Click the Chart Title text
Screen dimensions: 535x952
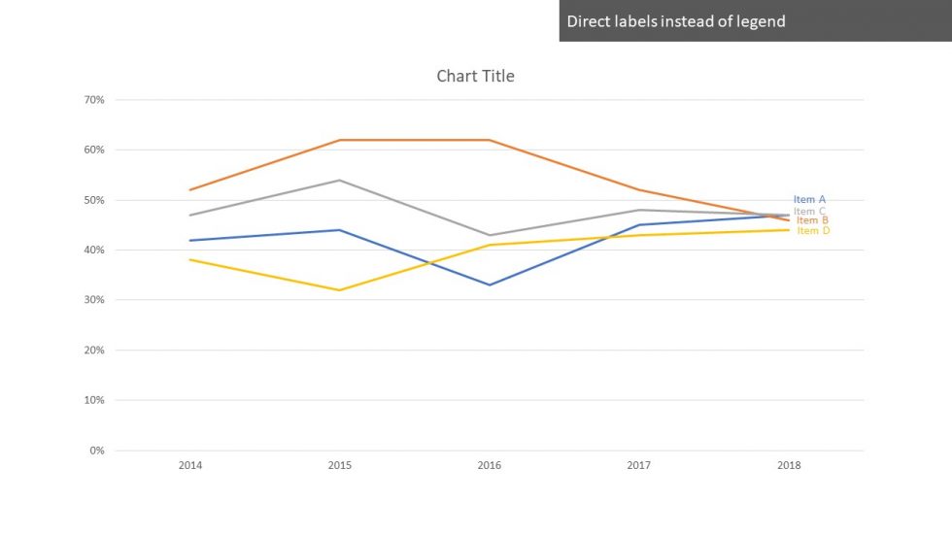click(475, 76)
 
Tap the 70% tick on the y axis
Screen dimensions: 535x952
click(94, 100)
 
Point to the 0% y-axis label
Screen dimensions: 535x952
click(97, 451)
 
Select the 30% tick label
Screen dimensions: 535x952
click(94, 300)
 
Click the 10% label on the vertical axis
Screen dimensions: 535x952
click(94, 400)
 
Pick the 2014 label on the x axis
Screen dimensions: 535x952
click(190, 466)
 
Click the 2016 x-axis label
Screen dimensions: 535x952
click(490, 466)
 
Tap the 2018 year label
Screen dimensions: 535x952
click(789, 466)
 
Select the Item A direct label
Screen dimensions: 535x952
click(809, 199)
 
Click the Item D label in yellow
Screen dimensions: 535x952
click(813, 231)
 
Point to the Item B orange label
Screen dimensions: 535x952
click(812, 220)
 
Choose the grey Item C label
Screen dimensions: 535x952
click(809, 211)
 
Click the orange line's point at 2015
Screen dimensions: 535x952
click(340, 140)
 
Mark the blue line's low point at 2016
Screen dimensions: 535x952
click(490, 284)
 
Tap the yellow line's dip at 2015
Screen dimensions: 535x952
click(340, 290)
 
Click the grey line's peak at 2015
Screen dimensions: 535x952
click(340, 180)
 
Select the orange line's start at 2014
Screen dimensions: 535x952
click(190, 189)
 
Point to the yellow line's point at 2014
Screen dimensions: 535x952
click(190, 259)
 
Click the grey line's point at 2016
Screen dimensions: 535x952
click(490, 235)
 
